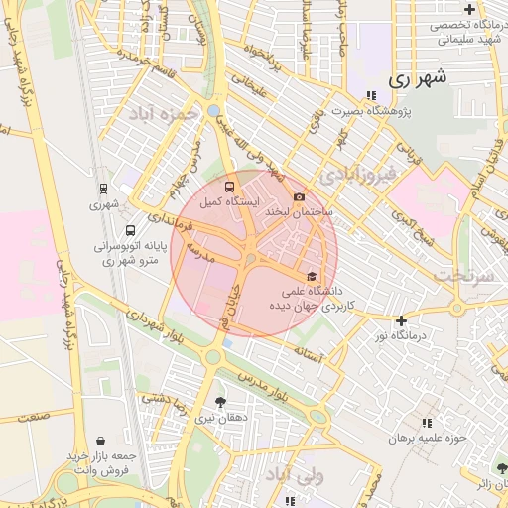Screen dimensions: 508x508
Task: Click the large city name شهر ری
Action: coord(418,76)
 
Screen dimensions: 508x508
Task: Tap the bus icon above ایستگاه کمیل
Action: coord(230,185)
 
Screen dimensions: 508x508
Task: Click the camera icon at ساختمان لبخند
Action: coord(299,196)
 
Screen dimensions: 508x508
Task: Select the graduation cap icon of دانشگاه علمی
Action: coord(312,276)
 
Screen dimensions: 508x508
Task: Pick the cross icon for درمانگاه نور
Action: coord(401,320)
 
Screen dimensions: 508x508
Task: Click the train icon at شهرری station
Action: coord(103,188)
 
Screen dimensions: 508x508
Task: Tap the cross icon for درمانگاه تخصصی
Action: coord(468,9)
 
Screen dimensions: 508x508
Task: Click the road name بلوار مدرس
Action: coord(268,388)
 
